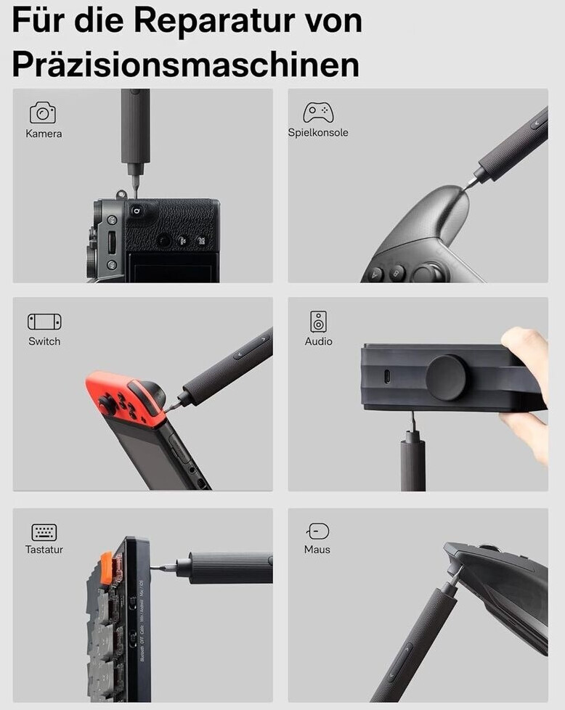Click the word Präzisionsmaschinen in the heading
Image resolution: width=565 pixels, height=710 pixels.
186,64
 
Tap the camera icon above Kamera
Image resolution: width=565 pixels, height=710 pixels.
43,113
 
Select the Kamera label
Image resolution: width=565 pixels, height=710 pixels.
44,134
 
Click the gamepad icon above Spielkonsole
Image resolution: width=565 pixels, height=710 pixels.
318,113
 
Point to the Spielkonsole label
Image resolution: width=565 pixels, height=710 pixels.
318,133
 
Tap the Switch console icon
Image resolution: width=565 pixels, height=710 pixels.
44,322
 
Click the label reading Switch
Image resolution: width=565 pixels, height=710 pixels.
44,341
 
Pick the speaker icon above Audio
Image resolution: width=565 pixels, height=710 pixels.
318,322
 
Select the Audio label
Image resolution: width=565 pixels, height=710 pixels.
319,341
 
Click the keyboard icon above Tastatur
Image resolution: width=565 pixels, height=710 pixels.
44,532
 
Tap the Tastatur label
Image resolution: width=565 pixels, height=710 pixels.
44,550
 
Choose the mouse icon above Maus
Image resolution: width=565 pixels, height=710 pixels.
318,531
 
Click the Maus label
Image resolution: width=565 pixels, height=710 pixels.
317,550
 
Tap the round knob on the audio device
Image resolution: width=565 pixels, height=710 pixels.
447,378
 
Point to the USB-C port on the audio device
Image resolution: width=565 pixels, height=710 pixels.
386,377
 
